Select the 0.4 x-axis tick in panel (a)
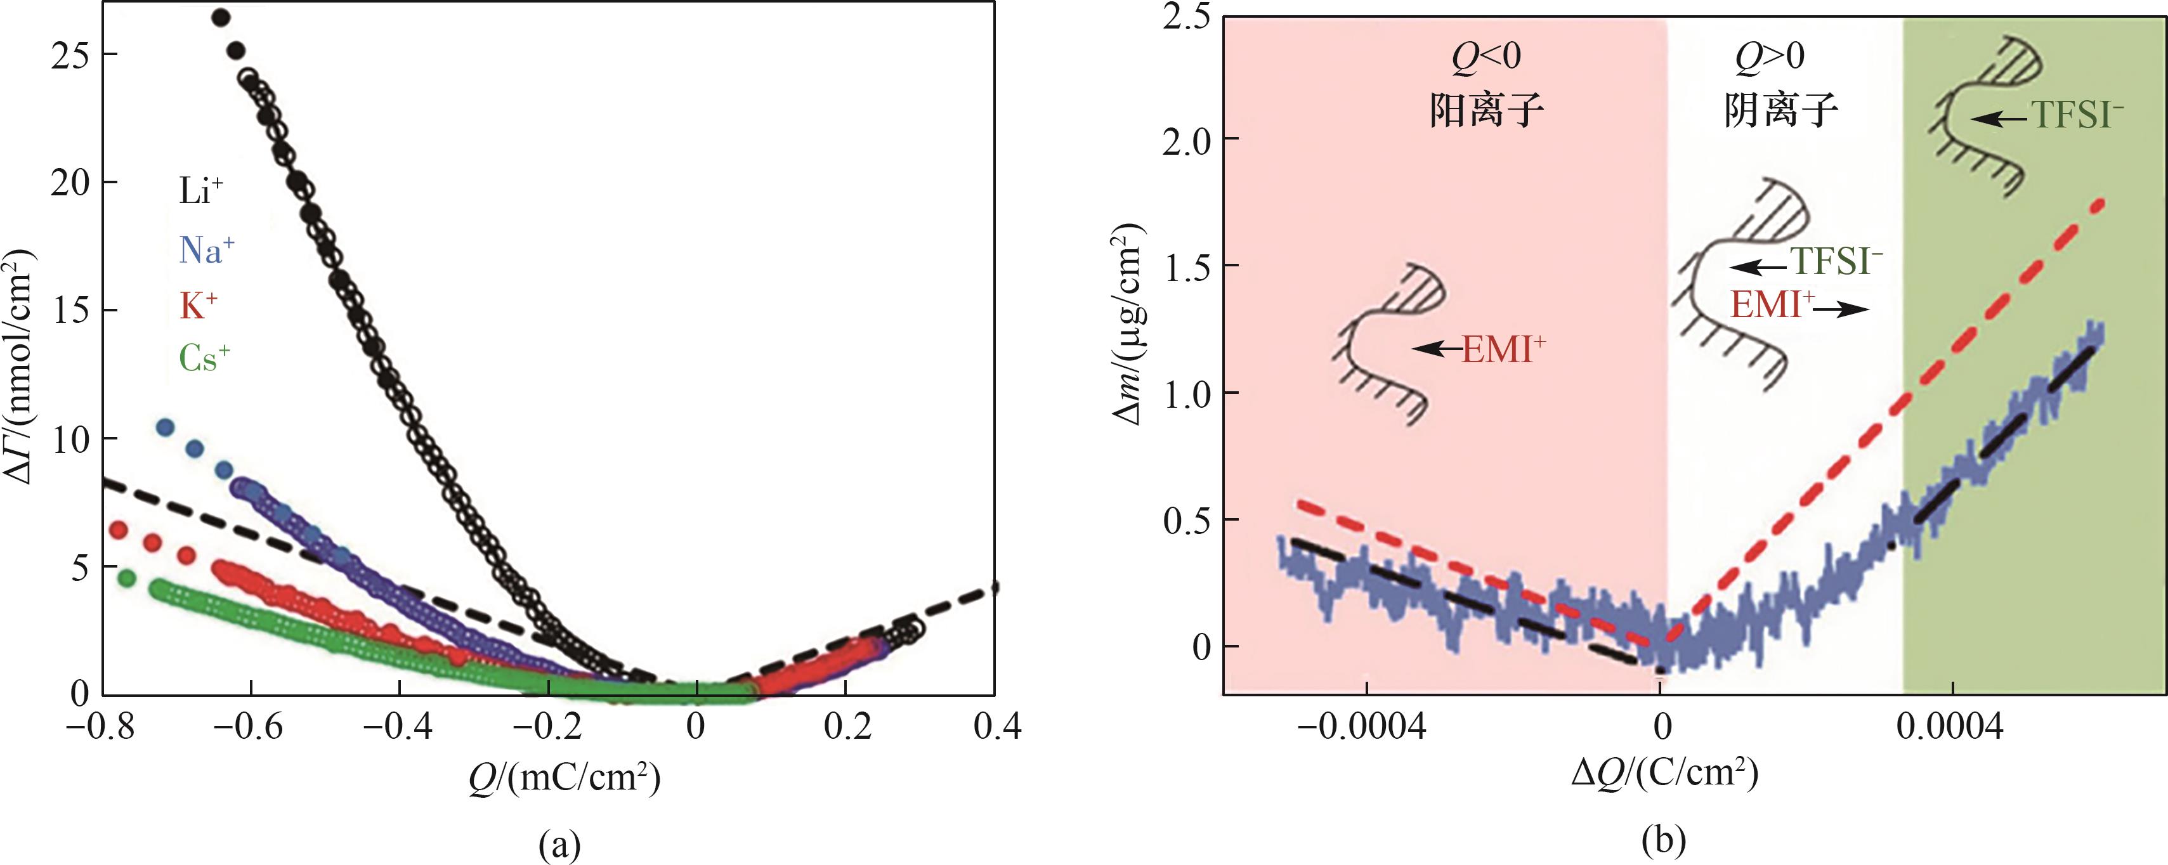[996, 726]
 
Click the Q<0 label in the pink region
[1486, 56]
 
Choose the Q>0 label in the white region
[1769, 56]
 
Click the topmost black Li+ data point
[221, 18]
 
